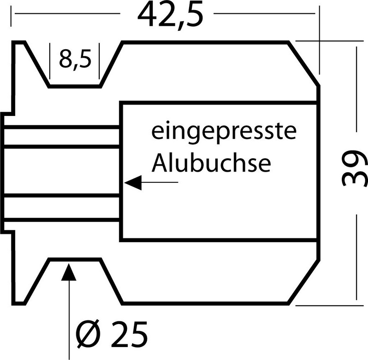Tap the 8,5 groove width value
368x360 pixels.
74,60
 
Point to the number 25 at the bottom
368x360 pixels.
129,331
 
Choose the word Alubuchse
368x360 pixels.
211,163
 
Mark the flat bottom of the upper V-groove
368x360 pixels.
75,86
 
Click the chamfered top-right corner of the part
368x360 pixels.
305,64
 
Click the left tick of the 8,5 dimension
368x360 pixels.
49,60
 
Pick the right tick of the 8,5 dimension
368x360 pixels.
99,60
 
